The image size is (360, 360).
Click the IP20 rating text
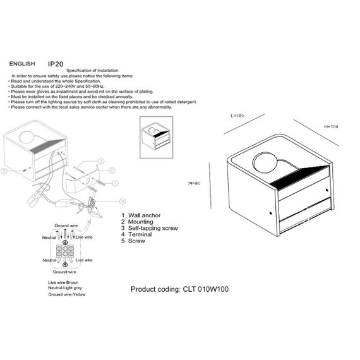[56, 64]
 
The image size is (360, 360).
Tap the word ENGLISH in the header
[22, 64]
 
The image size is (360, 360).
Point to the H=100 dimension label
[331, 127]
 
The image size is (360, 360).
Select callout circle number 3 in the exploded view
[100, 161]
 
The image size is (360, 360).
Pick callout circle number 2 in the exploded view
[110, 171]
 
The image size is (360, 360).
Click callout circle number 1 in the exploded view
[115, 183]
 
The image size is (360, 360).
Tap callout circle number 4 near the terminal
[121, 201]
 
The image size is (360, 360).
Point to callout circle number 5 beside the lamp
[4, 171]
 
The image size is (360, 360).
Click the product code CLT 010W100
[179, 289]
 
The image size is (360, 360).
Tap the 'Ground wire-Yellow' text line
[68, 295]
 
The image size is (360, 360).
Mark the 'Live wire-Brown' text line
[64, 282]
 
